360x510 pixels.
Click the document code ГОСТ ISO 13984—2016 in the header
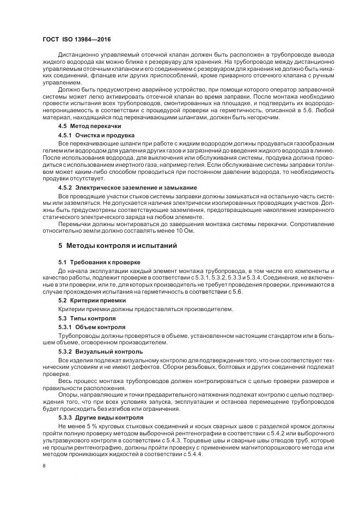(x=77, y=39)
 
